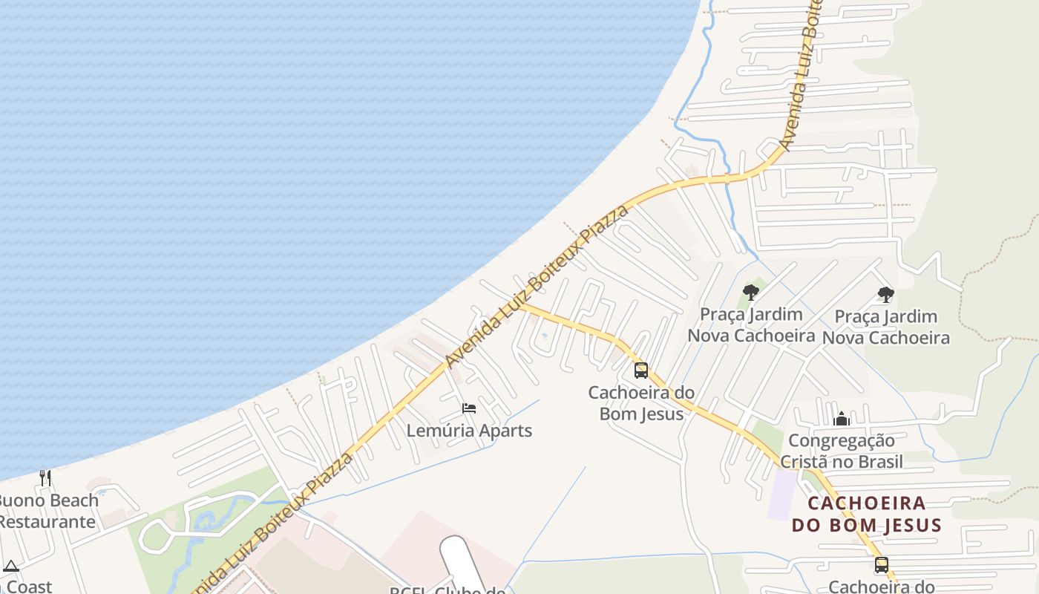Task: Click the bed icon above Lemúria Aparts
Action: pos(468,408)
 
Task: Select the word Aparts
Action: pos(505,431)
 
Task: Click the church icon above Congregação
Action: pos(841,420)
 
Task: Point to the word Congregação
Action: pos(841,441)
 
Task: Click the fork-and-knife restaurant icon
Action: pos(46,477)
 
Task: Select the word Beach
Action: pos(75,500)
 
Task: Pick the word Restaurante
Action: pos(47,521)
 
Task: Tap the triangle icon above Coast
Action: pos(10,566)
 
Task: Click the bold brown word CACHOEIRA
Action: pos(866,503)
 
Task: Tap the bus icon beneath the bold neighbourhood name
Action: pos(881,564)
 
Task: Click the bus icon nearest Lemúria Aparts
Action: pos(640,370)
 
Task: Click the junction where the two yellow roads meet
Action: pos(522,304)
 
